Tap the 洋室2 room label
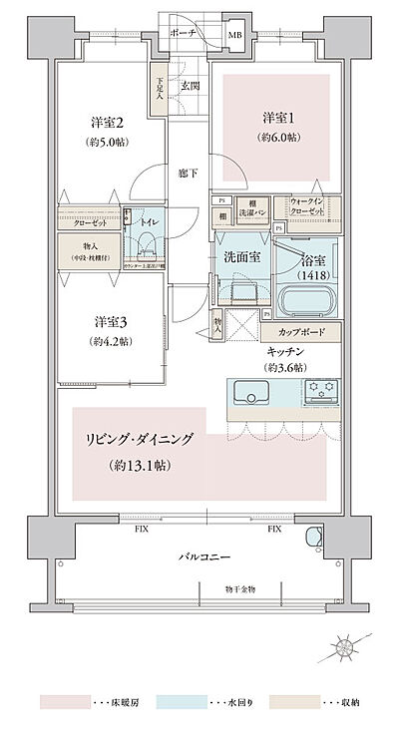[x=107, y=123]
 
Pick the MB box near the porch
[x=234, y=37]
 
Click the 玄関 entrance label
[x=189, y=87]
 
